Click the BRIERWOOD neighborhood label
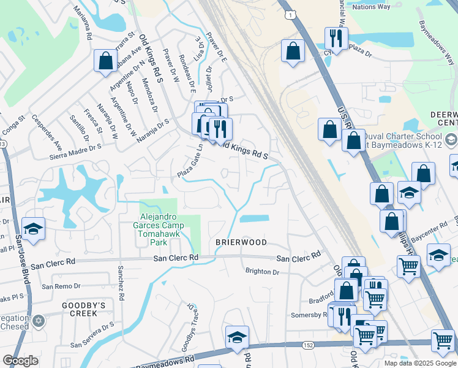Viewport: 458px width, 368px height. click(241, 242)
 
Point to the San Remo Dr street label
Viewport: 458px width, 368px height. click(61, 286)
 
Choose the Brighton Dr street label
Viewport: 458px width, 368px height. click(262, 271)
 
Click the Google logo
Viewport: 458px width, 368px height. click(20, 361)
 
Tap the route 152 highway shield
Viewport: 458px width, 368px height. click(307, 346)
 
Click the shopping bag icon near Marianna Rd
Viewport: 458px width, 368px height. click(105, 60)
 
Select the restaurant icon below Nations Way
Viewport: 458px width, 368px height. click(336, 38)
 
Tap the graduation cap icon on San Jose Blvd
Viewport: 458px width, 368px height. click(33, 228)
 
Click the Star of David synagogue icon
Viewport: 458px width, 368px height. click(38, 321)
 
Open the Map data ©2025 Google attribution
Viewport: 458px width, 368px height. click(419, 363)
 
